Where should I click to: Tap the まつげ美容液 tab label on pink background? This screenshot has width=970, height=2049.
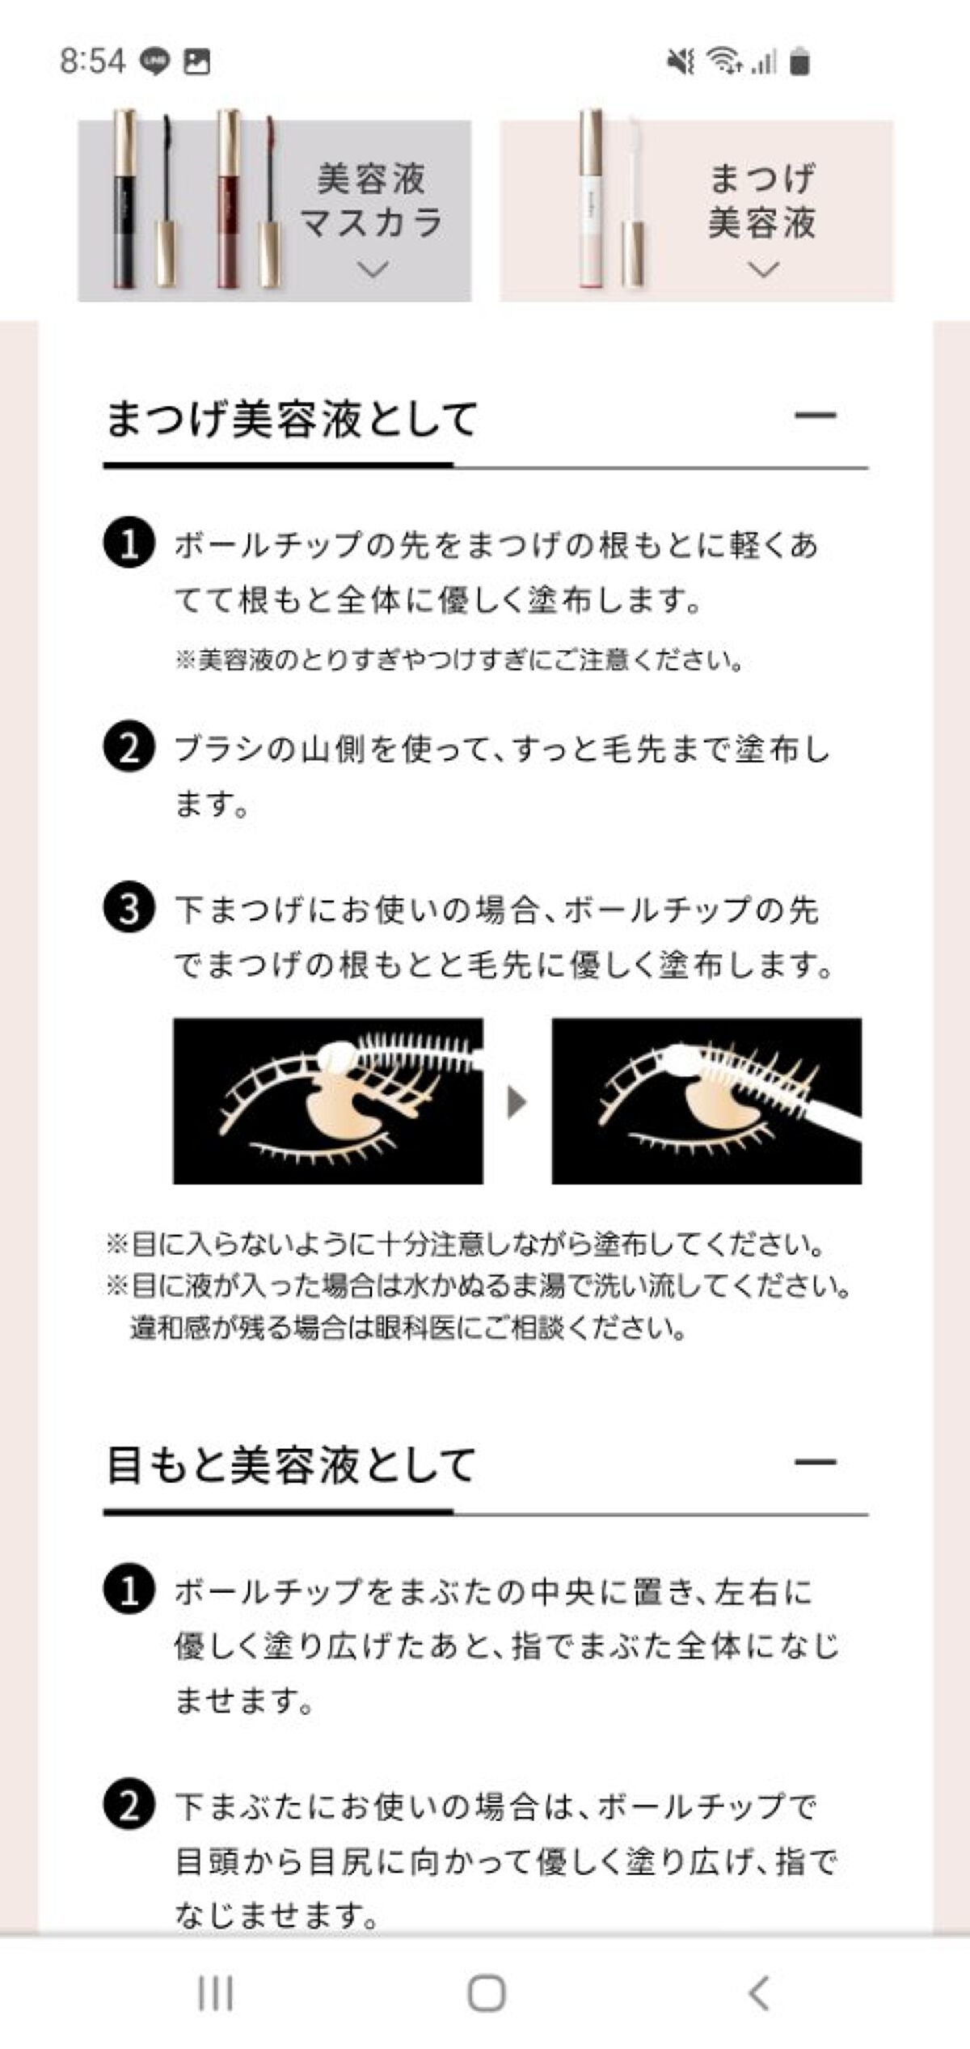tap(761, 201)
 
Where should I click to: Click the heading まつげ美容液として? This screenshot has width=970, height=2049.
tap(291, 420)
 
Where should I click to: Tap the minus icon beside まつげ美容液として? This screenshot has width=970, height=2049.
tap(815, 416)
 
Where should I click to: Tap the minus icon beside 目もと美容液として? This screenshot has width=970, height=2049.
tap(815, 1462)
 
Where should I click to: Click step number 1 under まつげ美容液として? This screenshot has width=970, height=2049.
tap(129, 543)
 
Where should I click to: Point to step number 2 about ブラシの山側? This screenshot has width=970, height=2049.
tap(129, 748)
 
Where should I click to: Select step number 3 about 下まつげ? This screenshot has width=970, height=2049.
tap(129, 910)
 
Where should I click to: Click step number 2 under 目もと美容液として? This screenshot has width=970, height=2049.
tap(129, 1806)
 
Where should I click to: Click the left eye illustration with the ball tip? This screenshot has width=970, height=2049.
tap(328, 1101)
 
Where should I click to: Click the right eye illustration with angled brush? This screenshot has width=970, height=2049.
tap(706, 1101)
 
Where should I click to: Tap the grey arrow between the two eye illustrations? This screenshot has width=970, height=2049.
tap(517, 1101)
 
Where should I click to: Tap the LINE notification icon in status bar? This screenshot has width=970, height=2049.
tap(154, 61)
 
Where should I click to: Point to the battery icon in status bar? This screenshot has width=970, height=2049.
tap(799, 61)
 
